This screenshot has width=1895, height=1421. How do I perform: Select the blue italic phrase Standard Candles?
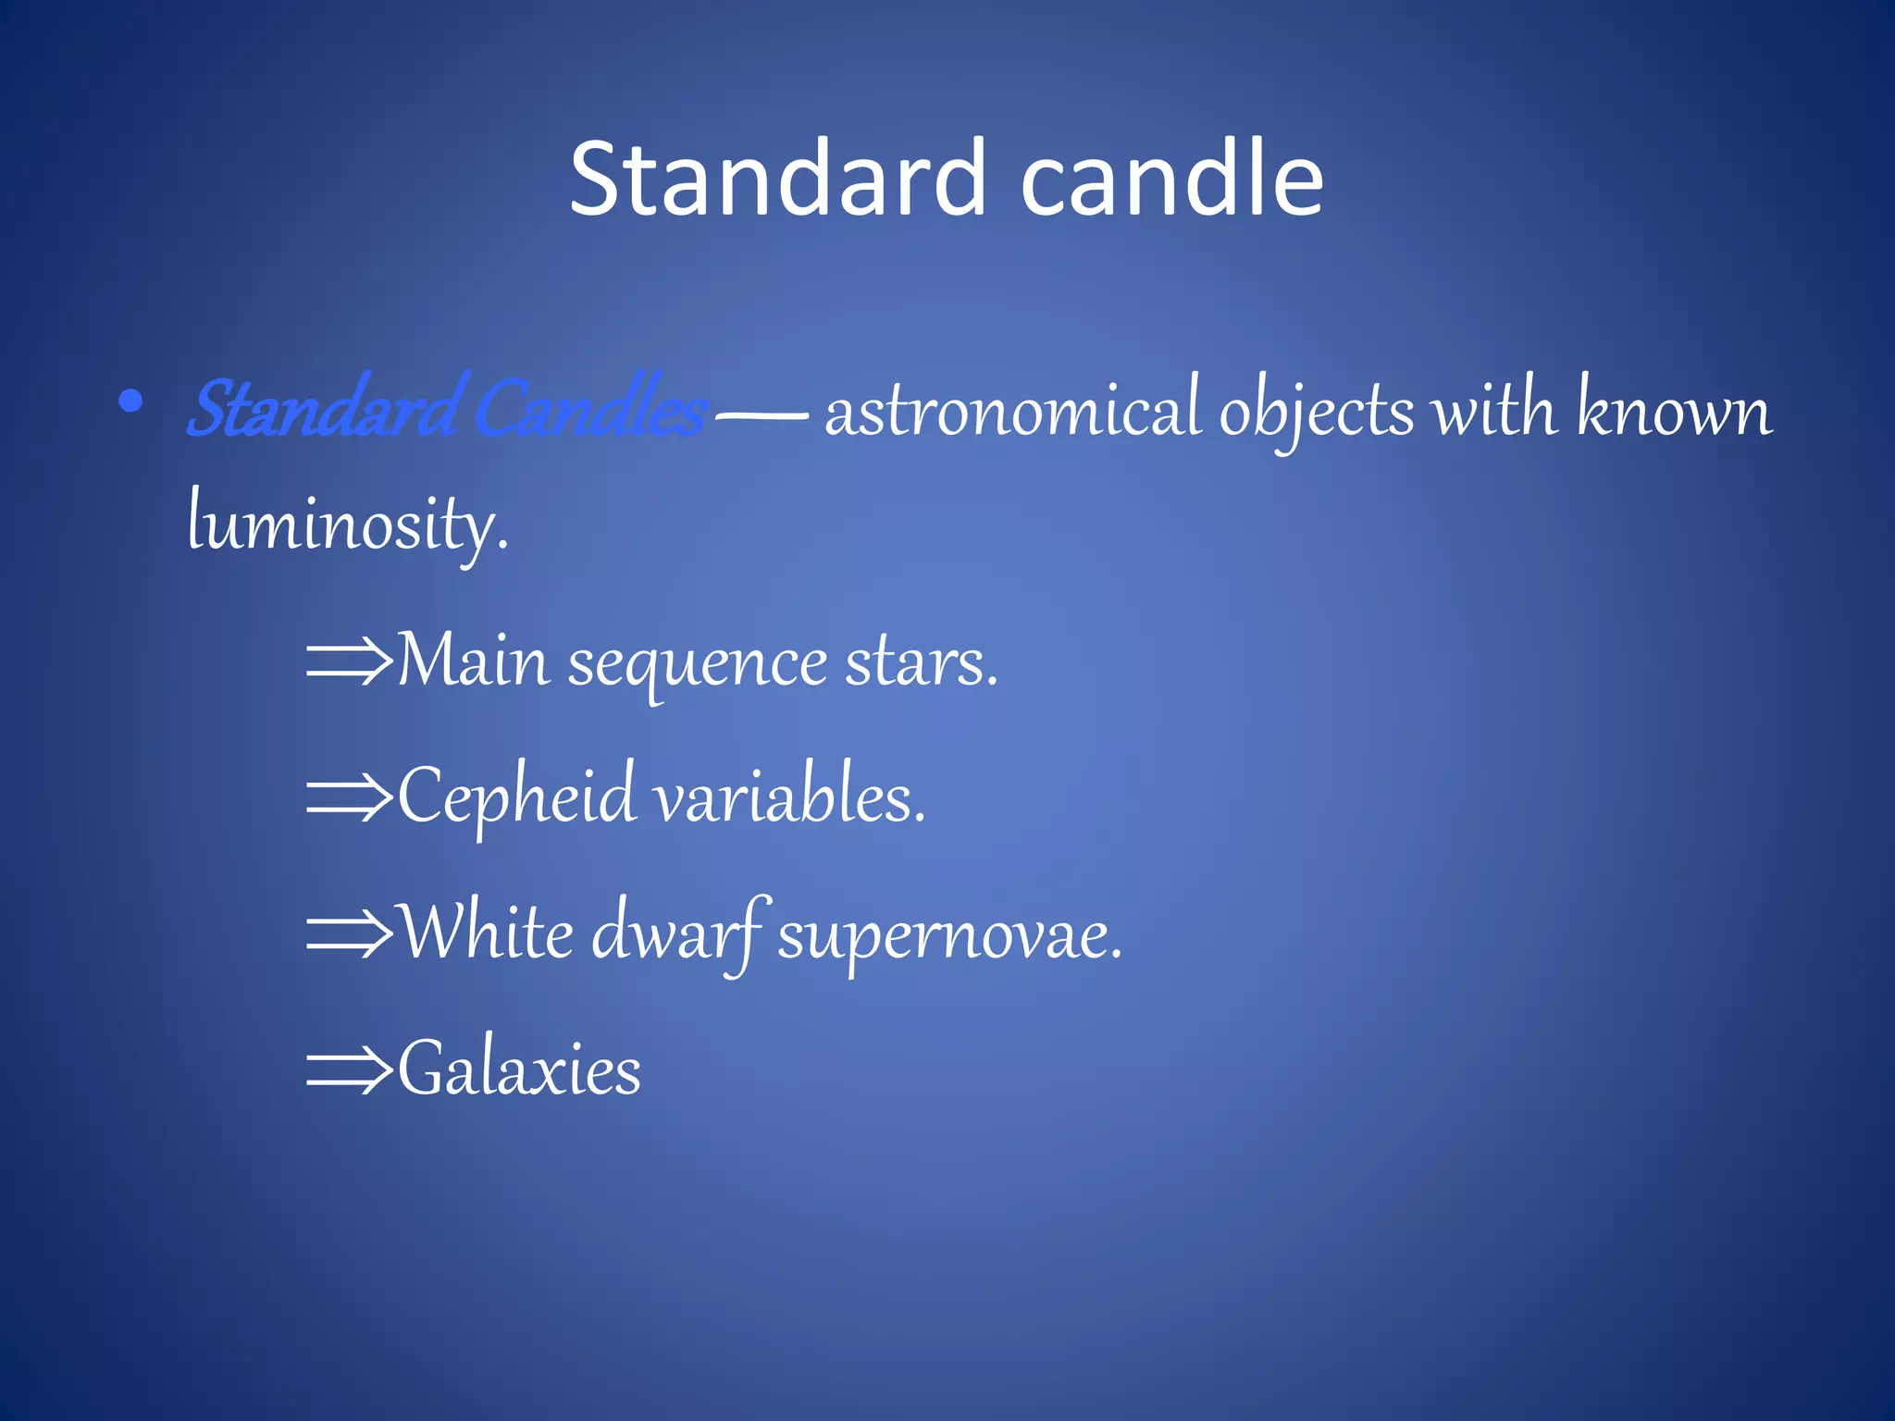pyautogui.click(x=447, y=409)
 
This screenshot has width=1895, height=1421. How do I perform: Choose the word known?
pyautogui.click(x=1674, y=409)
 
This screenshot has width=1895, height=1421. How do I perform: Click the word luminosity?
pyautogui.click(x=347, y=524)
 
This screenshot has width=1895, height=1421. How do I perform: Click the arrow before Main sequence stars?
pyautogui.click(x=349, y=661)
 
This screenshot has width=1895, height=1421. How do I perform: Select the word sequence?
pyautogui.click(x=696, y=664)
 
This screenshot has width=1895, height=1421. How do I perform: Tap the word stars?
pyautogui.click(x=920, y=662)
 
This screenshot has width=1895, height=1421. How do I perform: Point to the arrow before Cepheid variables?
pyautogui.click(x=349, y=797)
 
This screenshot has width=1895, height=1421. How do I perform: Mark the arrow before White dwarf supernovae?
pyautogui.click(x=349, y=933)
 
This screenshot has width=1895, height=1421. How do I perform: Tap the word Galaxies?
pyautogui.click(x=519, y=1069)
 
